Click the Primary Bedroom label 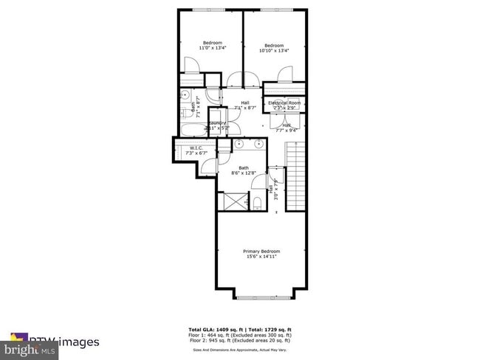coord(261,252)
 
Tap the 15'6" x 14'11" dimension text coord(261,257)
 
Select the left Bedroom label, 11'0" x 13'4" coord(212,44)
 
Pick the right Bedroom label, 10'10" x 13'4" coord(274,44)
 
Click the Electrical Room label coord(284,103)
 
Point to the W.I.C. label coord(196,148)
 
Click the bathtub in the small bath coord(191,131)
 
